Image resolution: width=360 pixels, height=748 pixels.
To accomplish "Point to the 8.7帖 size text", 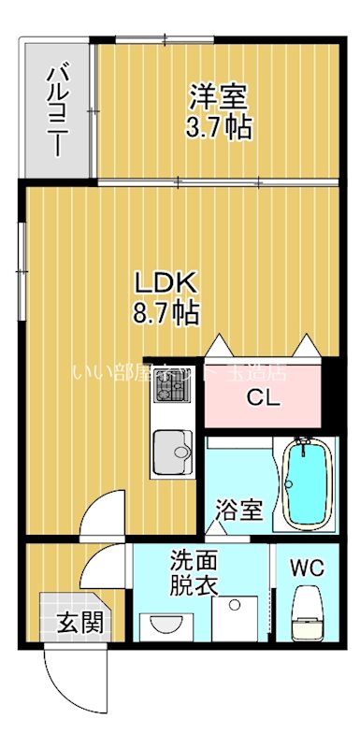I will (x=165, y=312).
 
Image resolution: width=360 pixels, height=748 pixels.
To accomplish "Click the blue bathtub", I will (x=307, y=484).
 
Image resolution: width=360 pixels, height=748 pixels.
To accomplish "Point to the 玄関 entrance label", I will (x=71, y=621).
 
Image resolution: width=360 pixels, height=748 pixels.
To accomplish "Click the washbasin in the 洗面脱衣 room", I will (x=166, y=625).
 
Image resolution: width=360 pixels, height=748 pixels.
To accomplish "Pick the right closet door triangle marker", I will (x=303, y=345).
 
